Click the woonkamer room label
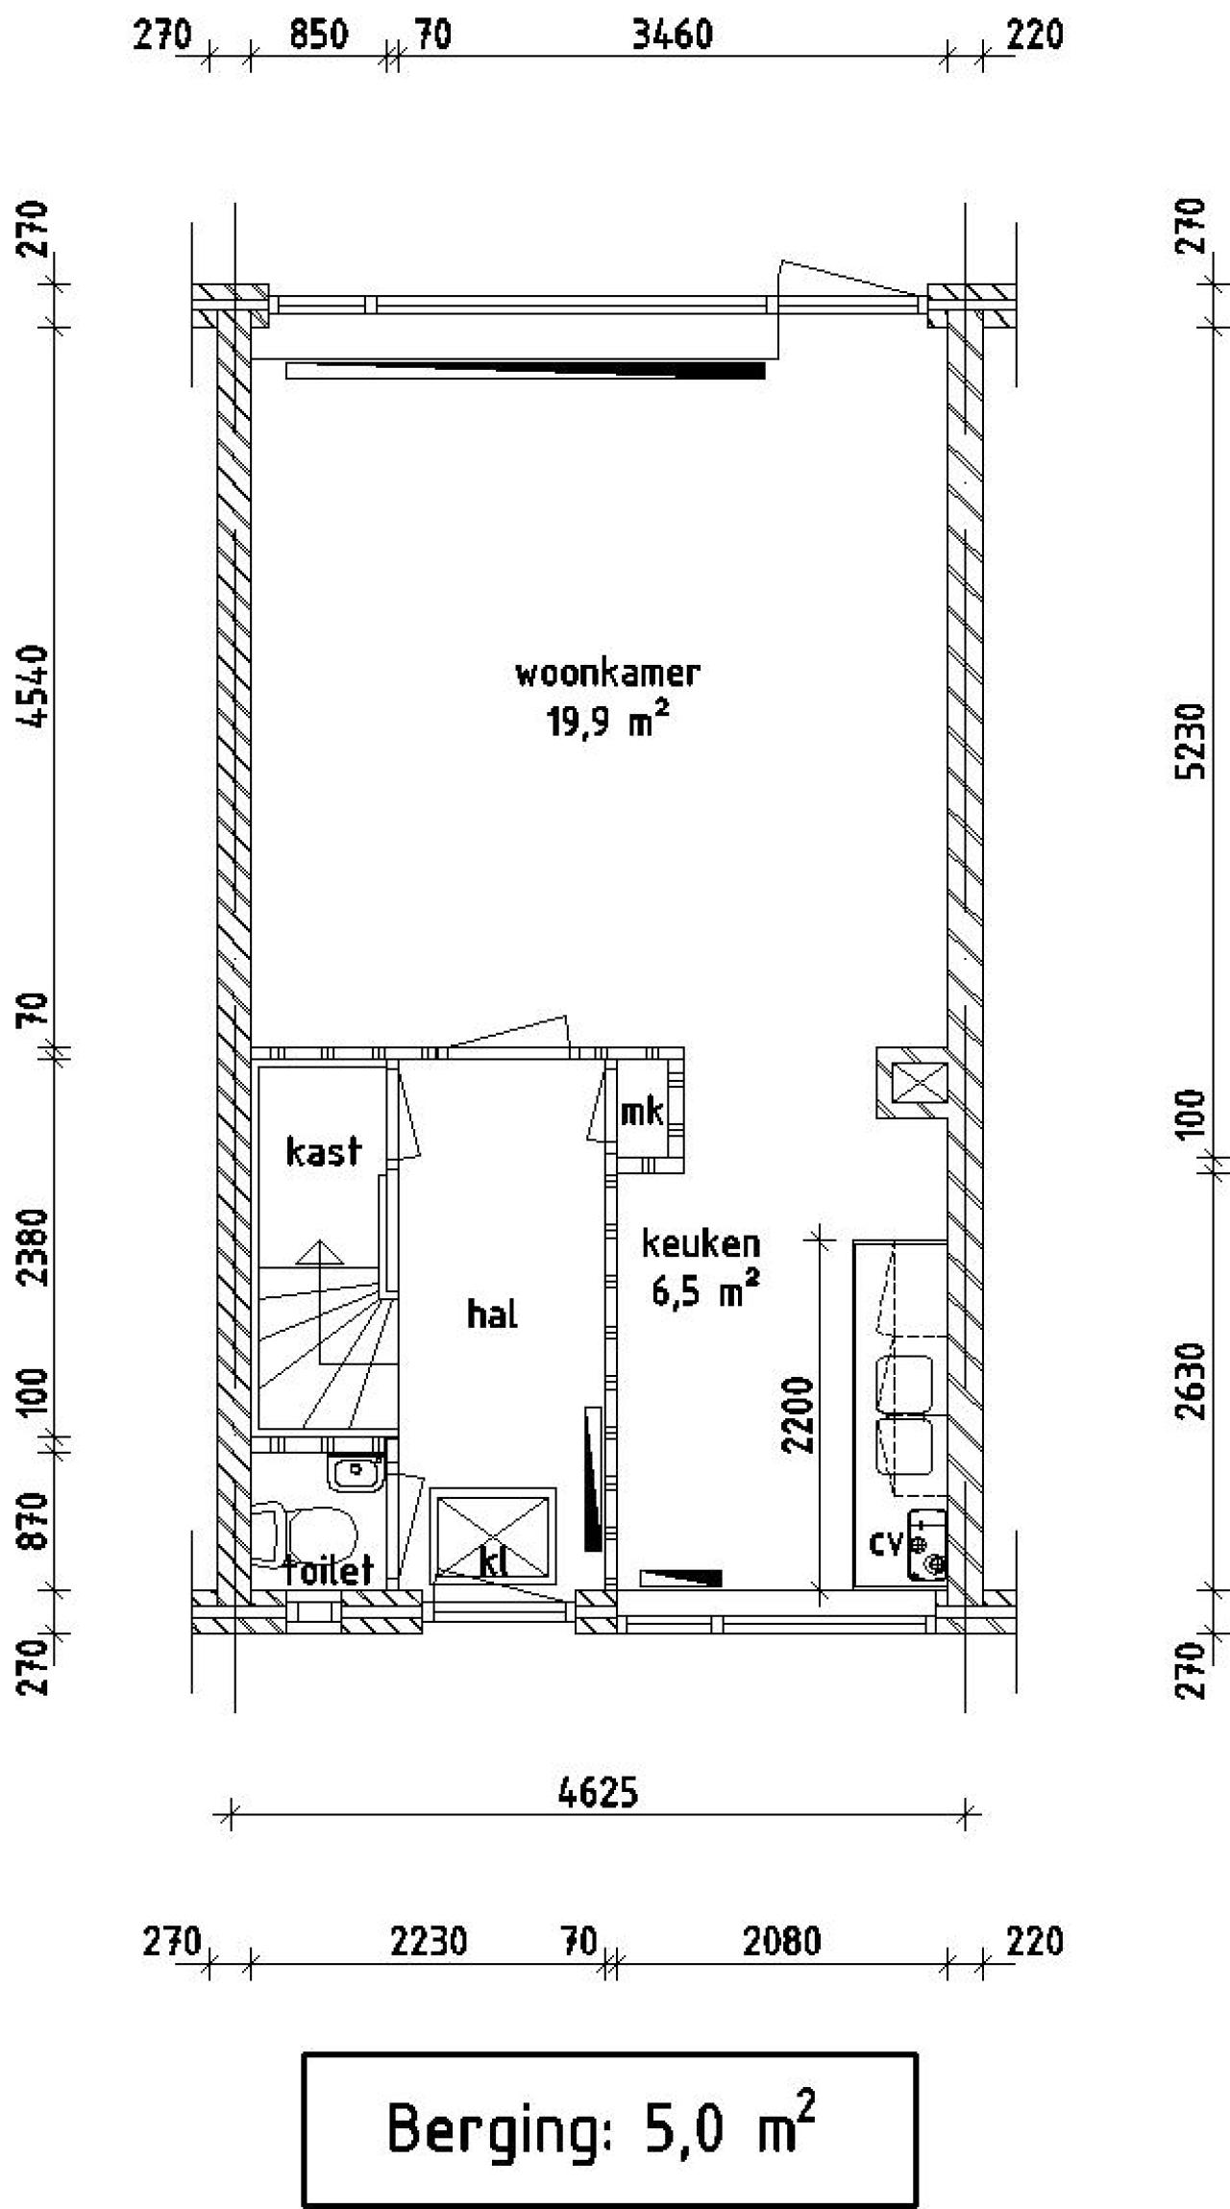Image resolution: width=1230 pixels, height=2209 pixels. [607, 674]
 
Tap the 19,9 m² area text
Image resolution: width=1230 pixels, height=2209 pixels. [607, 722]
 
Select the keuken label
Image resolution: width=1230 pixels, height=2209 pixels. [701, 1244]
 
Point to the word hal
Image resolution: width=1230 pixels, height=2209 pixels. [492, 1314]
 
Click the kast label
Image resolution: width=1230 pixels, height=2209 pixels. [323, 1151]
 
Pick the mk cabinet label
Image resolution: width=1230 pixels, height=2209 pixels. [641, 1113]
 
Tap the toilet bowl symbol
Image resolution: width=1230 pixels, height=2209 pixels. [317, 1534]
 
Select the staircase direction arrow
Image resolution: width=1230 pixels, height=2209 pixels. [319, 1254]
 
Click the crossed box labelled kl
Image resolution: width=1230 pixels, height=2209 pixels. [493, 1536]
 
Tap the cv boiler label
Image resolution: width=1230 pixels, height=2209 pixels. [885, 1543]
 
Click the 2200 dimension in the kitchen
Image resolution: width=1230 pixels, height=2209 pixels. [799, 1415]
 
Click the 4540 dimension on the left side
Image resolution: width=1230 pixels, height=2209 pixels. [35, 687]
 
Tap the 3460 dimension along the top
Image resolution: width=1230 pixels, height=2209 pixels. [673, 37]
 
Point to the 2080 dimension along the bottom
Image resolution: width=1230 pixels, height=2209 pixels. [781, 1943]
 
